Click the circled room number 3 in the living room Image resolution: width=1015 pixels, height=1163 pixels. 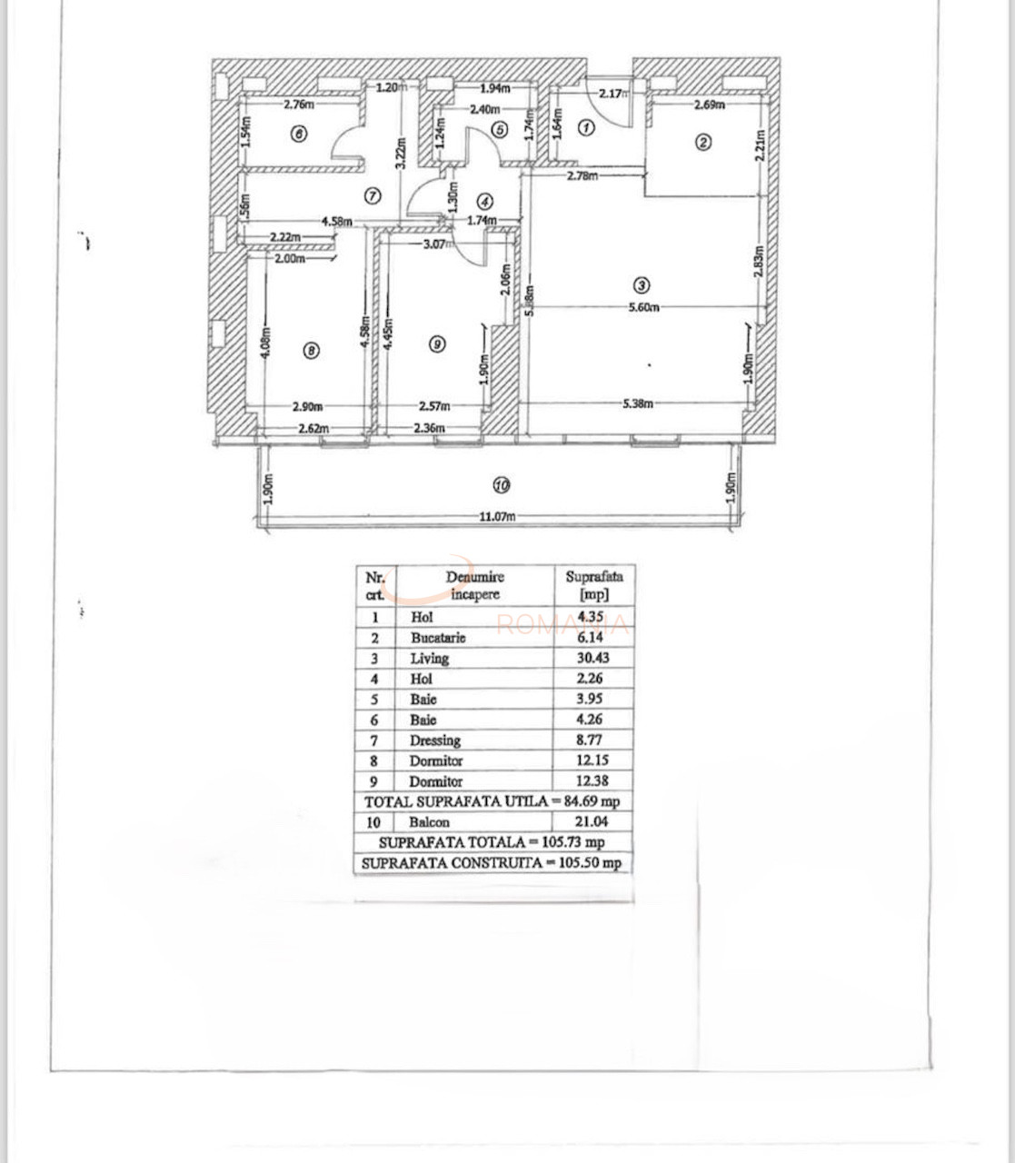tap(642, 286)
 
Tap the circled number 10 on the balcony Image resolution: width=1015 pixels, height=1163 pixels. tap(502, 484)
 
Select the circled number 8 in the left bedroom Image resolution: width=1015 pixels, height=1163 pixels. tap(311, 350)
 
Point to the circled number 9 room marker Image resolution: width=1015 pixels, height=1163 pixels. tap(437, 343)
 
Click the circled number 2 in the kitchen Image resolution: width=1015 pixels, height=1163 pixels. tap(702, 142)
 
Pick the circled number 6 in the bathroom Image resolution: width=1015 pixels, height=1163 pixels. tap(299, 134)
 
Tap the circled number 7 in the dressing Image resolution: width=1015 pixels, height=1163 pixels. tap(372, 194)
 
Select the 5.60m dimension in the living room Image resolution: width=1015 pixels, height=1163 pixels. tap(642, 307)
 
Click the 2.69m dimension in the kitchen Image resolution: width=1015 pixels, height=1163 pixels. tap(709, 104)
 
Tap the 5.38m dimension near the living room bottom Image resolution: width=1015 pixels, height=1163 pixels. tap(638, 403)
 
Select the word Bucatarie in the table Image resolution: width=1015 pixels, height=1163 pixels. tap(437, 638)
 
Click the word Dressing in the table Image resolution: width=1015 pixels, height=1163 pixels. tap(434, 741)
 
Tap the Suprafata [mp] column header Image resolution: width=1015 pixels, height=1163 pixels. tap(594, 585)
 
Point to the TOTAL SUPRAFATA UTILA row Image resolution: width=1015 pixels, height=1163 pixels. tap(492, 801)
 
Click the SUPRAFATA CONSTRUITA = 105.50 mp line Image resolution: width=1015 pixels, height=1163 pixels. tap(492, 863)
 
